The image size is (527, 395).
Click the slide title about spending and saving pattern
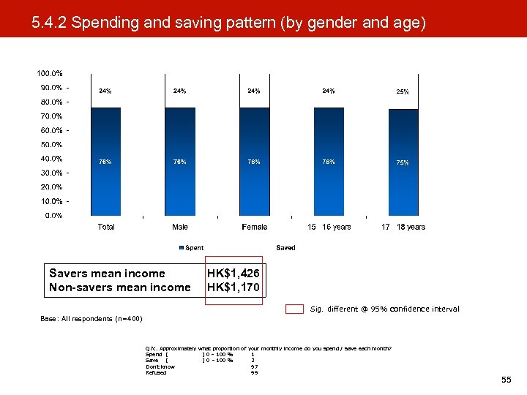click(228, 23)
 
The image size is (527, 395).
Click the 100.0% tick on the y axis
click(50, 73)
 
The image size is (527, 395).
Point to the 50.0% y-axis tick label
click(50, 144)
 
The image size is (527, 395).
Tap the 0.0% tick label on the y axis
click(51, 215)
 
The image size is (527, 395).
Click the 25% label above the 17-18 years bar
click(403, 92)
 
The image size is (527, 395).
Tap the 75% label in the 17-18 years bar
click(403, 162)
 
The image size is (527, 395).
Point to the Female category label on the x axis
click(255, 227)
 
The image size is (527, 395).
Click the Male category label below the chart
click(180, 227)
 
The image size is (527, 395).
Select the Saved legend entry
click(285, 248)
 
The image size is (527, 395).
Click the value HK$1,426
click(233, 274)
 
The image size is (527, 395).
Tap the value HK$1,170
click(233, 287)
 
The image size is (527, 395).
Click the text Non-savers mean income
click(119, 287)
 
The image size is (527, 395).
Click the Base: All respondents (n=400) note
click(91, 319)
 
